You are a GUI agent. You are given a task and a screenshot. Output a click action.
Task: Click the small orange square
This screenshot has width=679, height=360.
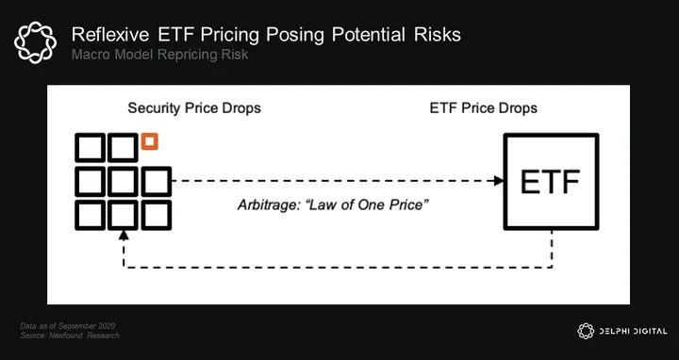149,141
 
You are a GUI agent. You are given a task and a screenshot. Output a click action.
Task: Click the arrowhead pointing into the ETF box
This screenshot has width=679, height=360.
499,181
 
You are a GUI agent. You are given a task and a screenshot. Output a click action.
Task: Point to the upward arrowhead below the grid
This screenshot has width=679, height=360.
124,235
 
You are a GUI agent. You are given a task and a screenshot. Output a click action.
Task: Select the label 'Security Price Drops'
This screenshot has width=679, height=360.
194,107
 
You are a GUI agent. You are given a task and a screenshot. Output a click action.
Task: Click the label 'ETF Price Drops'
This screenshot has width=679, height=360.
483,107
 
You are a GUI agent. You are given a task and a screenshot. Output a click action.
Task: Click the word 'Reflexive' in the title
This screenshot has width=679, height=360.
110,35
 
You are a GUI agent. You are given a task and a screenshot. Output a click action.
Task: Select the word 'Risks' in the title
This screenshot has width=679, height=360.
438,35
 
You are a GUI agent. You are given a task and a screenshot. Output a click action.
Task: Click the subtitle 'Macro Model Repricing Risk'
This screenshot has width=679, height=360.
159,55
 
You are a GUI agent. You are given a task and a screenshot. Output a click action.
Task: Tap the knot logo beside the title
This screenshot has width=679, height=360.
35,42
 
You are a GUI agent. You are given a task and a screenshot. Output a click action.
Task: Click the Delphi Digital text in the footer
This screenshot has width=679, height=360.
633,332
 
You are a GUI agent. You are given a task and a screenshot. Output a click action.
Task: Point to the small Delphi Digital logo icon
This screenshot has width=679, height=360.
586,331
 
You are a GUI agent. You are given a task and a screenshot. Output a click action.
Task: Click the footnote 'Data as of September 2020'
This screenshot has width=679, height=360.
68,326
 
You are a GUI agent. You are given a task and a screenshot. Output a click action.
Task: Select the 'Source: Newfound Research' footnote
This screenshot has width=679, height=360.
70,335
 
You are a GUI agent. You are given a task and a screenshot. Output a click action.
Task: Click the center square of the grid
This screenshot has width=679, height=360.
124,181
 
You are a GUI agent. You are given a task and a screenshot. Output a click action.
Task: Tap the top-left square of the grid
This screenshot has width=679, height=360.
91,148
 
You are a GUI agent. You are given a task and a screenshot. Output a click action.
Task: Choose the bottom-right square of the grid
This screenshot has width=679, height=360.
157,215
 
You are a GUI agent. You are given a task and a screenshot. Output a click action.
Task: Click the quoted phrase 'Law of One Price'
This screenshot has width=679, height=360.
367,205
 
